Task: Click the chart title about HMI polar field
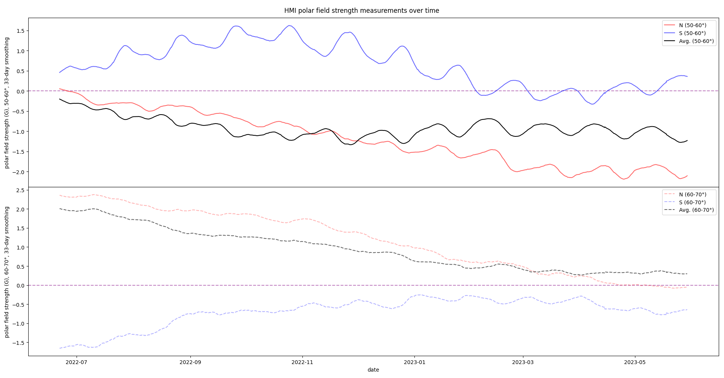(x=362, y=11)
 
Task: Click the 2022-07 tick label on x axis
(x=77, y=362)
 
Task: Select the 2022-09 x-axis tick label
(x=190, y=362)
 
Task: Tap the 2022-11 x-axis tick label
(x=302, y=362)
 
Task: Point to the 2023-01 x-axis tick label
(x=414, y=362)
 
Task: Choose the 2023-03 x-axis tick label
(x=523, y=362)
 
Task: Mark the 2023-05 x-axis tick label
(x=635, y=362)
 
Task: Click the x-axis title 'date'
(x=373, y=370)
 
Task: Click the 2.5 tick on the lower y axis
(x=20, y=190)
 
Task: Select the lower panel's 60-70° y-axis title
(x=7, y=271)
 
